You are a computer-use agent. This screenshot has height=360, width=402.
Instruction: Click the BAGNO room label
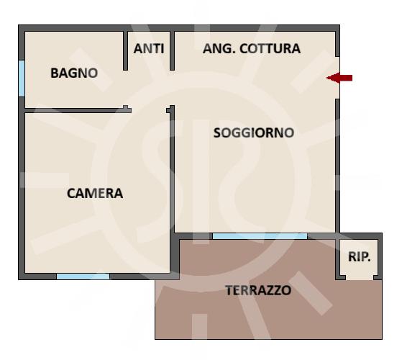point(74,73)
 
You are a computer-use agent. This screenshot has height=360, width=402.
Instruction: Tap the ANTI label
point(149,49)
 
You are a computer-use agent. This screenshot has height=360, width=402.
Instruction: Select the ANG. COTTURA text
point(252,49)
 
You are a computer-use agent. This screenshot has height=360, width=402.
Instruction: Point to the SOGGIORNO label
point(254,133)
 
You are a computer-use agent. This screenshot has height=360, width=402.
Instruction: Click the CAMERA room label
point(95,194)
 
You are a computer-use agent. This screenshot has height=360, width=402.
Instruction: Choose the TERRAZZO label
point(258,290)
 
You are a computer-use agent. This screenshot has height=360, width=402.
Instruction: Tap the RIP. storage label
point(360,256)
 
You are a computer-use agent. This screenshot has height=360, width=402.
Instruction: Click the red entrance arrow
point(339,78)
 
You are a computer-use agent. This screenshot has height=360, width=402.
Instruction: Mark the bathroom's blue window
point(22,78)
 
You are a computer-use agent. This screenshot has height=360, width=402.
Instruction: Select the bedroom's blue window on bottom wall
point(83,276)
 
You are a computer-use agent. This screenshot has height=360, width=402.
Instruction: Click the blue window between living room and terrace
point(260,236)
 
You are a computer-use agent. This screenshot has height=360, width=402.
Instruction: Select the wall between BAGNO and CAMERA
point(78,111)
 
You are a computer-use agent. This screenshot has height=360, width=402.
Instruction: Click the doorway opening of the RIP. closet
point(360,277)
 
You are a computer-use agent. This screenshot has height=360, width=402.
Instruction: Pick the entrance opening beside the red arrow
point(338,78)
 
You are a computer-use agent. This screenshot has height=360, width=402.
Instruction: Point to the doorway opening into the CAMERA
point(149,111)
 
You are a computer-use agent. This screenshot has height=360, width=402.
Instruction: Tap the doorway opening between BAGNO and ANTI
point(125,88)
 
